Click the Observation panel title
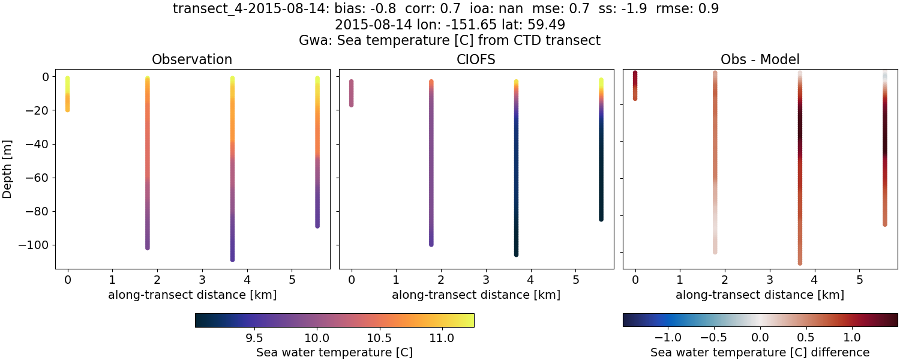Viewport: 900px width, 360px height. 192,59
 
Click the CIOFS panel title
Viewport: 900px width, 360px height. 476,59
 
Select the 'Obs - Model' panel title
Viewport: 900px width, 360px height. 760,59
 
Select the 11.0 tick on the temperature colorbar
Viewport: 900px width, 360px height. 442,338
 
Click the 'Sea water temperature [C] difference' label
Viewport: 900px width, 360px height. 760,352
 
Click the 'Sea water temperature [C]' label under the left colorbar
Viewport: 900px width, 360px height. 334,352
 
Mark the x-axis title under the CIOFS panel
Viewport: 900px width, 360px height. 476,295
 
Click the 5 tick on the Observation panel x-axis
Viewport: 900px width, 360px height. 292,280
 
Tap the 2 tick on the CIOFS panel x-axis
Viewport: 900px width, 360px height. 441,280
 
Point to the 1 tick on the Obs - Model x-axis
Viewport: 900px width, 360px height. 680,280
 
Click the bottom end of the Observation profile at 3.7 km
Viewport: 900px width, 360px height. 232,259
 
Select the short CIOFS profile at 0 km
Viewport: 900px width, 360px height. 352,93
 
